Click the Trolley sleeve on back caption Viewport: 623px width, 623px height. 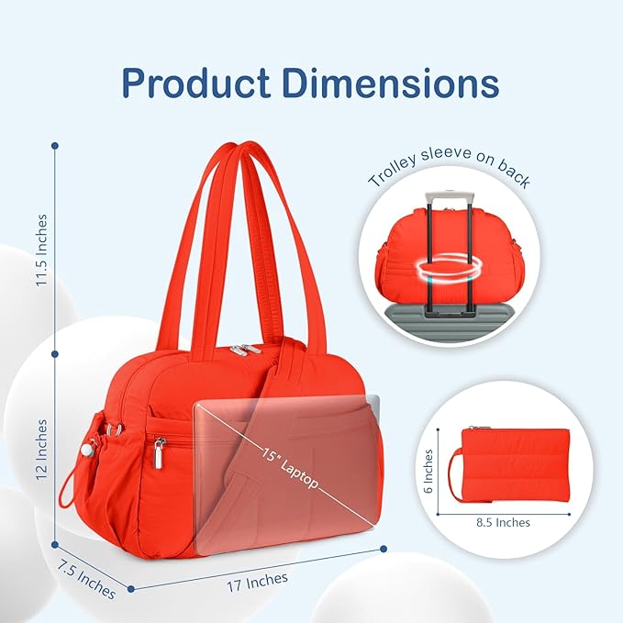click(449, 165)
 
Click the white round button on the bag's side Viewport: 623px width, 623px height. click(89, 451)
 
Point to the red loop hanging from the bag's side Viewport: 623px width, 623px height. click(68, 490)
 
